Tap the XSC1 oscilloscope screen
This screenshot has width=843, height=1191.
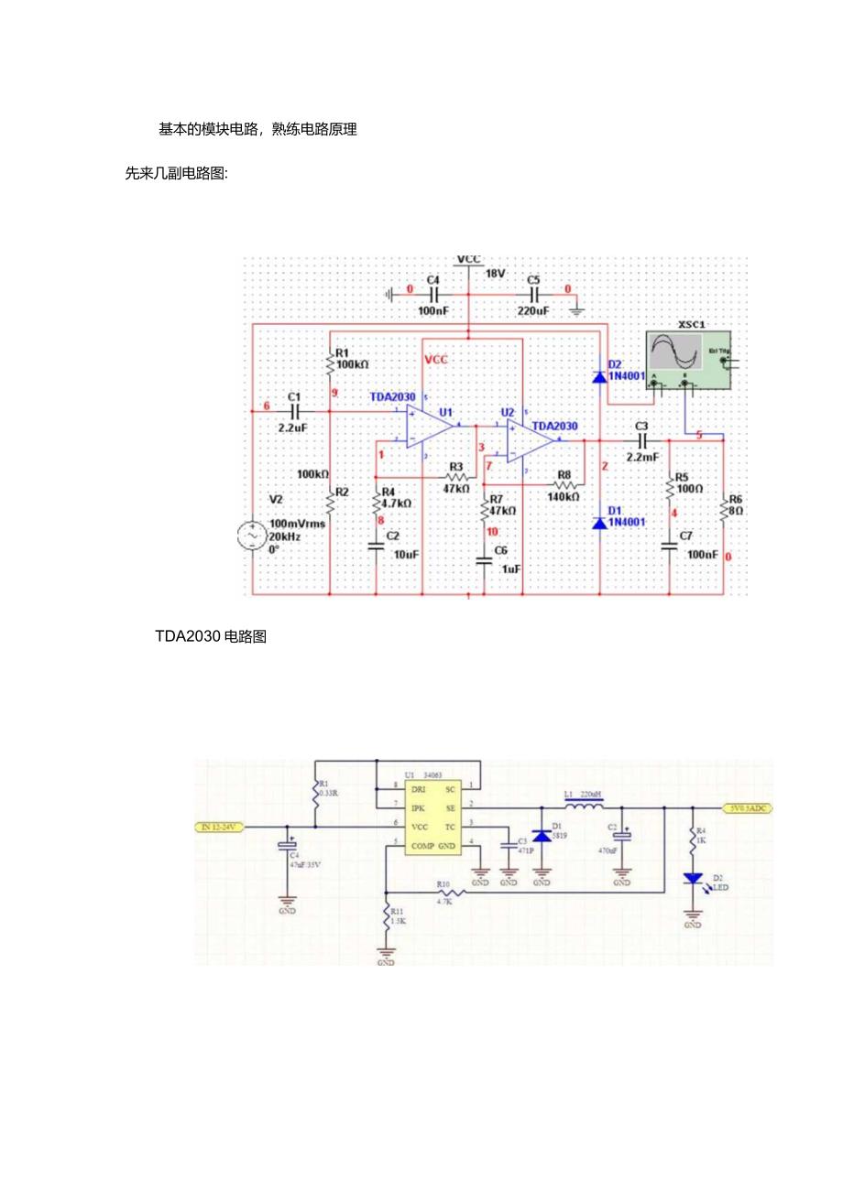coord(674,353)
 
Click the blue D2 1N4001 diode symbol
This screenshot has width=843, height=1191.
coord(600,375)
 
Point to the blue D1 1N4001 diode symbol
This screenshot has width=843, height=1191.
coord(600,523)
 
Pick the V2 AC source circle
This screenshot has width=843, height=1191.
coord(250,535)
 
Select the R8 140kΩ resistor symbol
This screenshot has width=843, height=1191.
coord(565,484)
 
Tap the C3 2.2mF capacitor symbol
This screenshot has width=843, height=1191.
coord(641,440)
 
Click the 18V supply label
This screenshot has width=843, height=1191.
coord(495,274)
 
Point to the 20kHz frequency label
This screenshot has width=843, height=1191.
coord(284,536)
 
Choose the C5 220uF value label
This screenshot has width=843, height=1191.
coord(533,311)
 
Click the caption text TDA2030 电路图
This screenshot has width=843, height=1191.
coord(212,639)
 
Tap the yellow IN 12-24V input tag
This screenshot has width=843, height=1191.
coord(218,828)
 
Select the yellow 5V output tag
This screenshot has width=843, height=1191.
coord(748,808)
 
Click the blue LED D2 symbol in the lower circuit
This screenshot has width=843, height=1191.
coord(694,880)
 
